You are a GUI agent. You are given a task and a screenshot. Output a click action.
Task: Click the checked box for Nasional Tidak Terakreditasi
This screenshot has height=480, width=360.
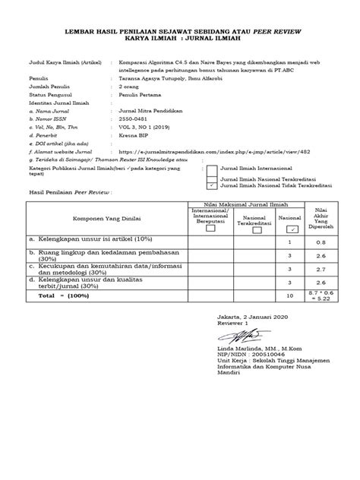[210, 185]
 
